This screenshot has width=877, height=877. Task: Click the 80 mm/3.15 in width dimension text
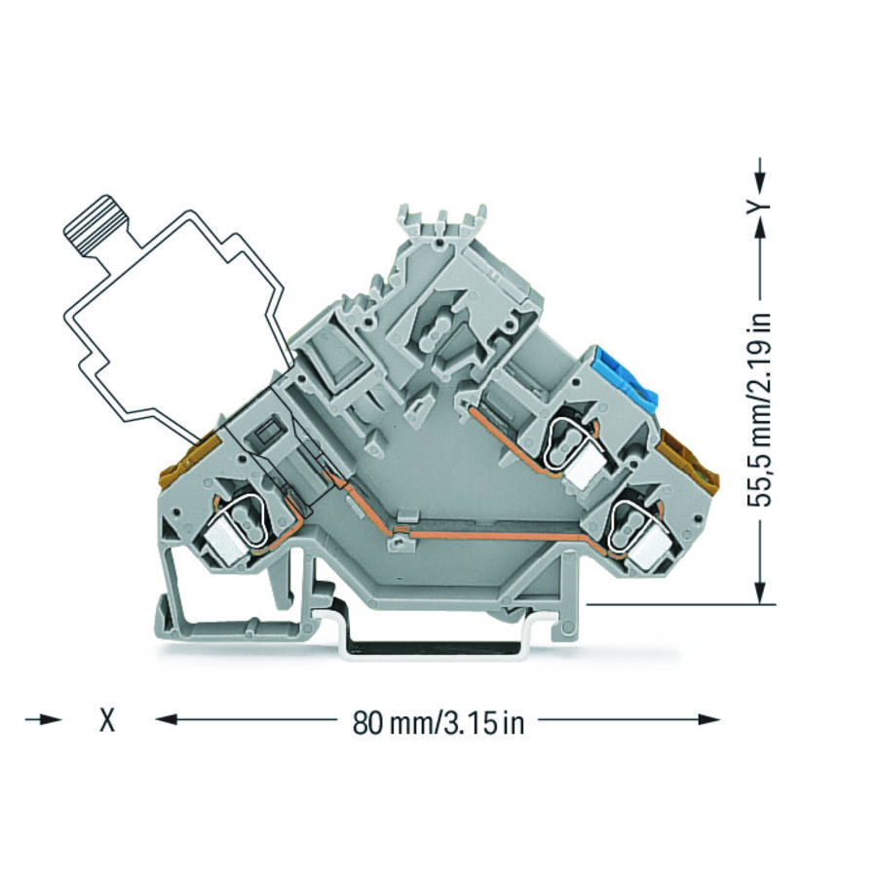coord(438,722)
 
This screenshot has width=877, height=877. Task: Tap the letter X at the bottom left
coord(108,721)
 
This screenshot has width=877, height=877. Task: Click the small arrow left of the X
coord(45,720)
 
